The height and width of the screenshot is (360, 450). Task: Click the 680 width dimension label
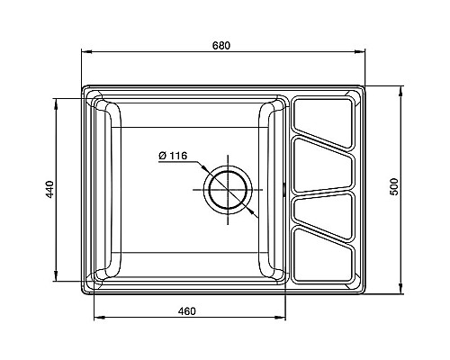221,46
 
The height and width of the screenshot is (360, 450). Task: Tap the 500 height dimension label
394,187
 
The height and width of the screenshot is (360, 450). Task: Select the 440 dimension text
49,189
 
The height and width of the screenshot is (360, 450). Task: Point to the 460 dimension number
186,311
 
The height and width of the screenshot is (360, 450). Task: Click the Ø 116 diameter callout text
173,156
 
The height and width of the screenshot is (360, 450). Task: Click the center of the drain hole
228,190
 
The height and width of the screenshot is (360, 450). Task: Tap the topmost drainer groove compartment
323,122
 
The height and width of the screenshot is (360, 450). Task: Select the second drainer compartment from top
323,166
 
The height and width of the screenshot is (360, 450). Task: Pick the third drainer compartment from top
323,214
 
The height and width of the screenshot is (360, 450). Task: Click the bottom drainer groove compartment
323,256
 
